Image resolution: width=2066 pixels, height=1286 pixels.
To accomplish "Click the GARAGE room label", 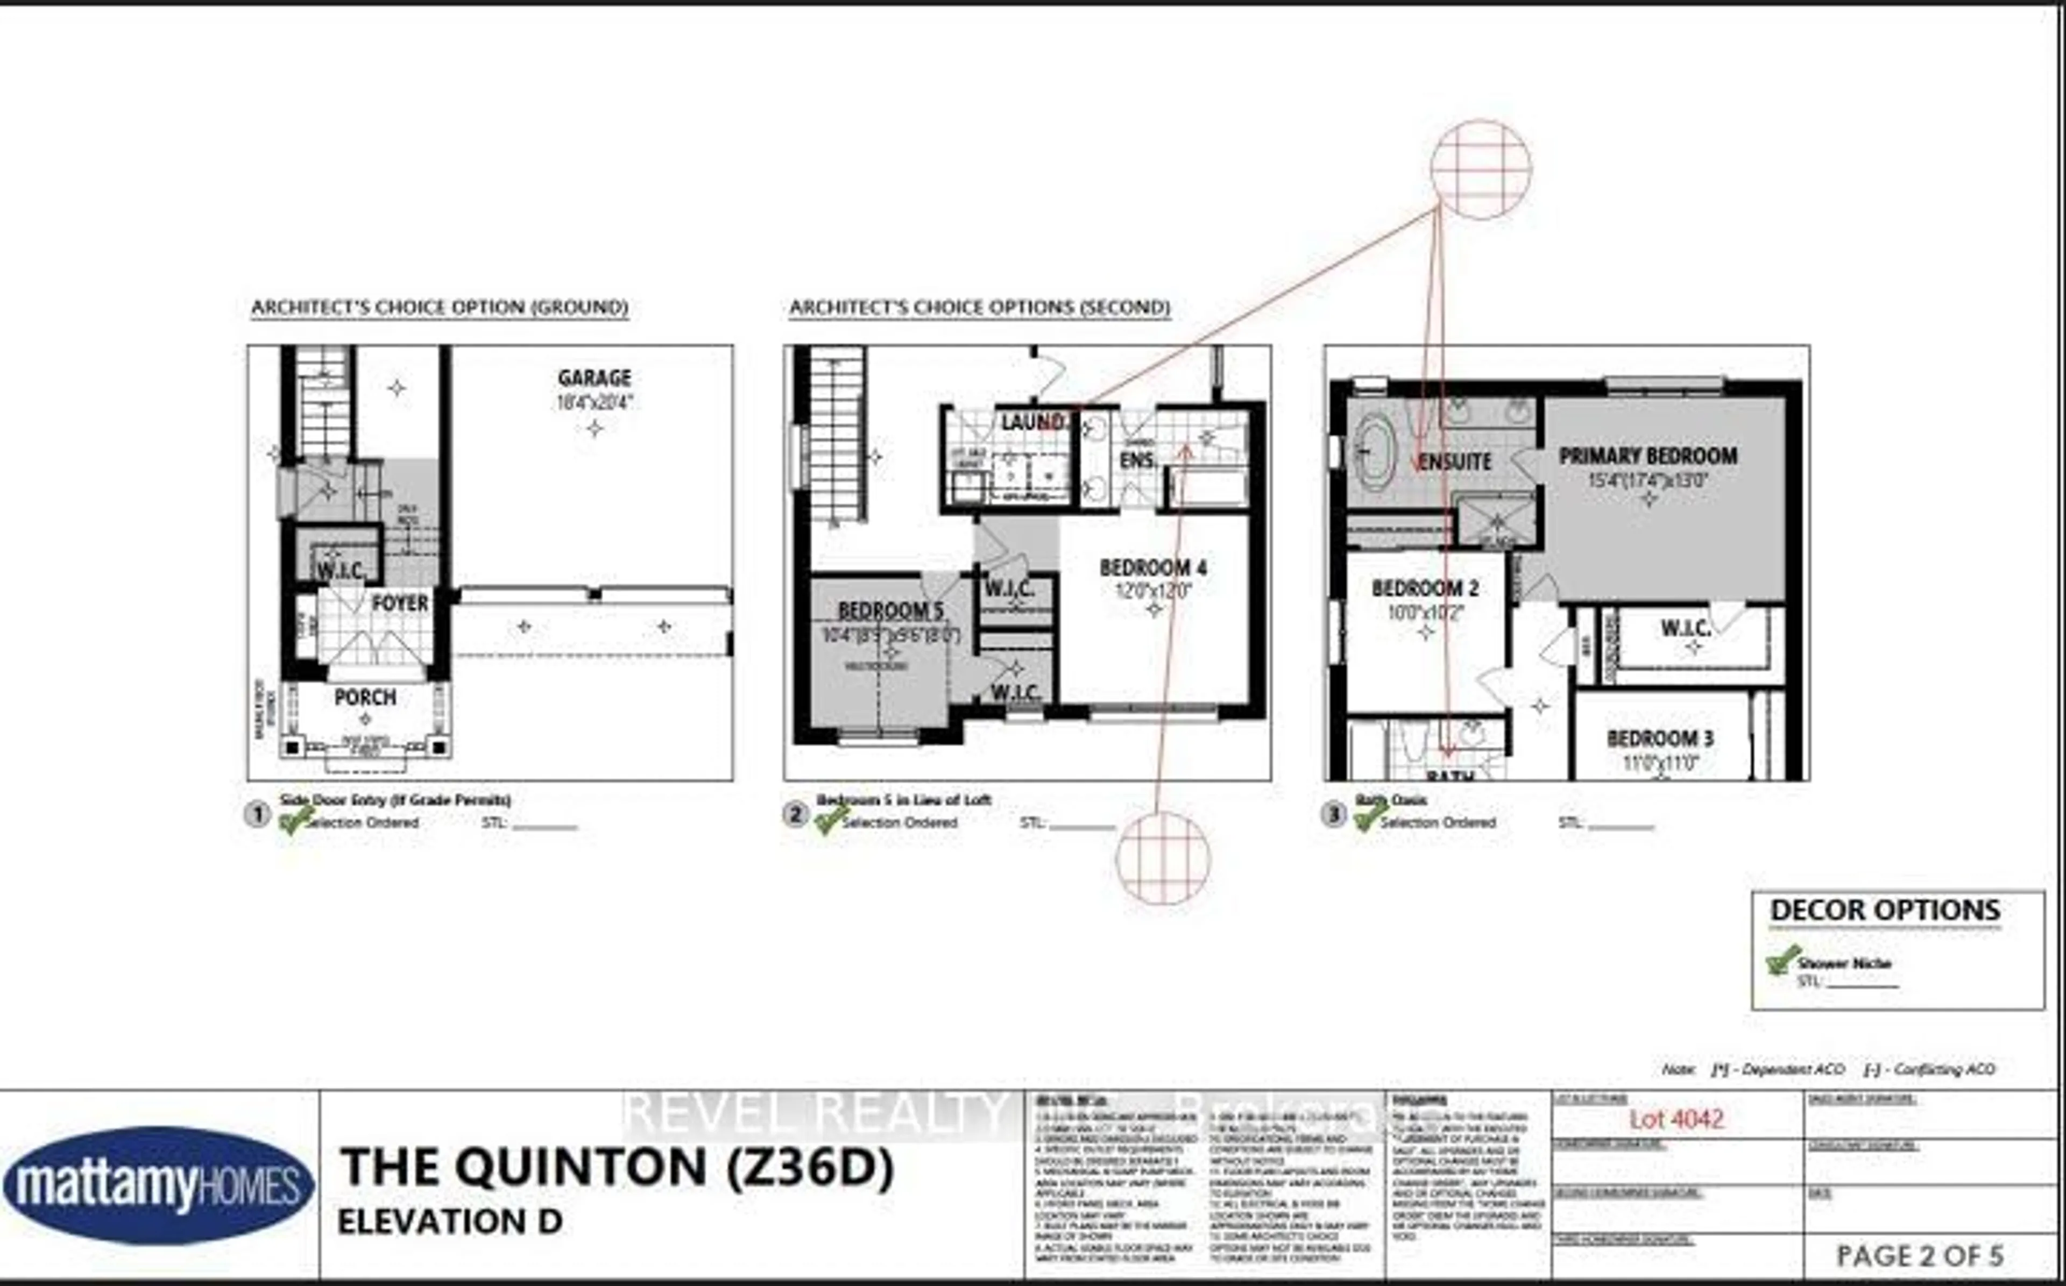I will tap(593, 378).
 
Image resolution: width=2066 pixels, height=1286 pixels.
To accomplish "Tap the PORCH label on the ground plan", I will tap(365, 698).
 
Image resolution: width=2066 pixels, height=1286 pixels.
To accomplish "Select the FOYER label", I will tap(399, 603).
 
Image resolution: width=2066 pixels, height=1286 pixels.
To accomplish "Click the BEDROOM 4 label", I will tap(1152, 567).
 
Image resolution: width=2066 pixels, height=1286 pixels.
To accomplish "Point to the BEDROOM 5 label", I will tap(890, 610).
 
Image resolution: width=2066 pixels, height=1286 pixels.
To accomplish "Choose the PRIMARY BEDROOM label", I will tap(1647, 456).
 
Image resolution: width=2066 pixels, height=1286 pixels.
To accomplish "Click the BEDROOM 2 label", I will tap(1425, 588).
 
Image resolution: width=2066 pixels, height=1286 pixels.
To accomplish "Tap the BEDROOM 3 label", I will tap(1659, 738).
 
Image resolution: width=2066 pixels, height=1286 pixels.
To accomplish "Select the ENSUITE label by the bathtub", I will tap(1455, 462).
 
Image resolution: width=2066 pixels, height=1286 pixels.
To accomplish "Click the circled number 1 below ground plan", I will tap(257, 815).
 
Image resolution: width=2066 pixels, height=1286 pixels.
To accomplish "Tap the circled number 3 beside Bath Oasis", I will tap(1333, 815).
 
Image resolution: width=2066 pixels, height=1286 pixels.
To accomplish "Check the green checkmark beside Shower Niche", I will tap(1782, 960).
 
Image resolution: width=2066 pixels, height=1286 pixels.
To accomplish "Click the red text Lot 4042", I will tap(1675, 1118).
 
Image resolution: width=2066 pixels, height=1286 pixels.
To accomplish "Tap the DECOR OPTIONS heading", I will tap(1885, 910).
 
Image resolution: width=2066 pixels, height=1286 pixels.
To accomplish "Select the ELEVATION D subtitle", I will tap(450, 1222).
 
